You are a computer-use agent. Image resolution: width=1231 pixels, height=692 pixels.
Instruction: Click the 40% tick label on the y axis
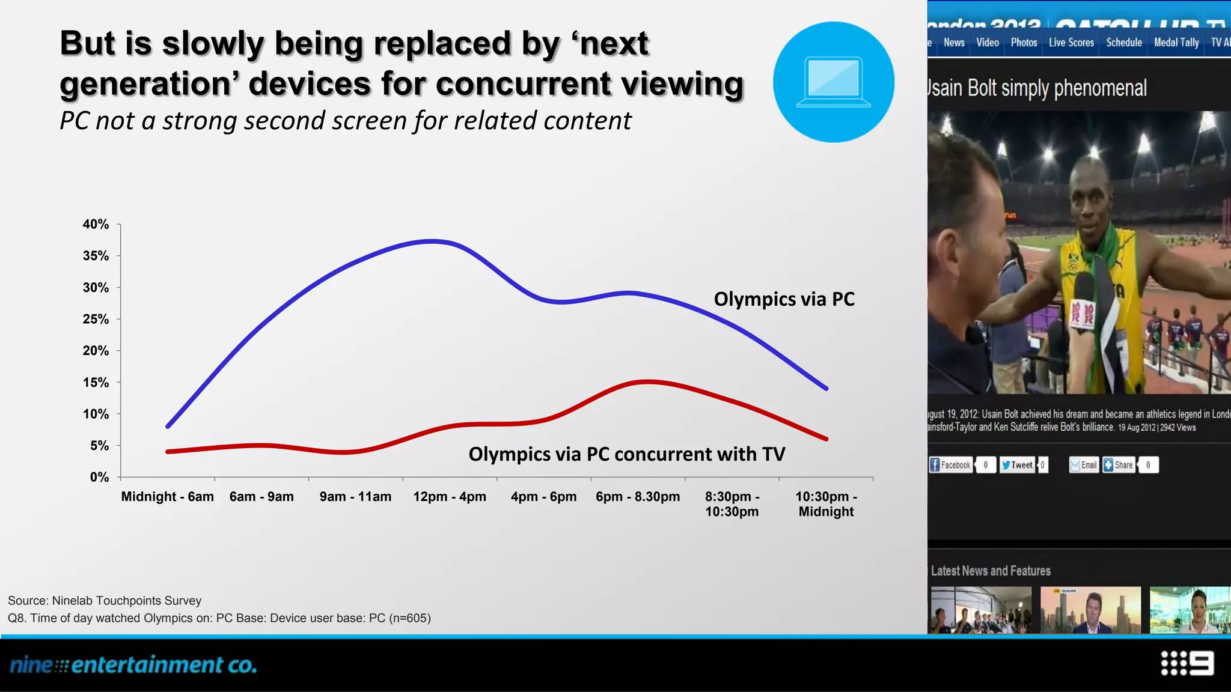(96, 225)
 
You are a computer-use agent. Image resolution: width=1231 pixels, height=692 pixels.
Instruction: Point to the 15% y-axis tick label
(96, 383)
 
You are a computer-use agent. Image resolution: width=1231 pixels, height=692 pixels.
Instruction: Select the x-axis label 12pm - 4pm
(450, 497)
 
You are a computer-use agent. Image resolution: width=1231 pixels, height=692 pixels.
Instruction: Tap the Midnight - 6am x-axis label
(167, 497)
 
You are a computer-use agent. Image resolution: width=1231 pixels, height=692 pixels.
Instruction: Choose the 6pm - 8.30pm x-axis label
(638, 497)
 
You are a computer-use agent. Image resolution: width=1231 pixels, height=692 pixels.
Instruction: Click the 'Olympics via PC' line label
(784, 299)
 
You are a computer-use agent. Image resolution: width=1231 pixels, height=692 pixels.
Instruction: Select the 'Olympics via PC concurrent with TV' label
(626, 454)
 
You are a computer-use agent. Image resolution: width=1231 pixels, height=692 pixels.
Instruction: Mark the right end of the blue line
(827, 389)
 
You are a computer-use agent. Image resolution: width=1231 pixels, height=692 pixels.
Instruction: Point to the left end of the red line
(168, 451)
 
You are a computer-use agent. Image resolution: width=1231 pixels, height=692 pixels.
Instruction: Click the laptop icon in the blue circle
(833, 82)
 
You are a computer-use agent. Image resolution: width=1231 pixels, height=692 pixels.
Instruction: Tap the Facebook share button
(950, 465)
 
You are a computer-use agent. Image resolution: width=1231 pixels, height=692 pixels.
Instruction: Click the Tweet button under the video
(1017, 465)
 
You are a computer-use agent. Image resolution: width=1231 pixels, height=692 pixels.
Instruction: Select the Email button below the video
(1083, 465)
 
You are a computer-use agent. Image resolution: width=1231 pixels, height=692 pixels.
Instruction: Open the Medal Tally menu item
(1176, 43)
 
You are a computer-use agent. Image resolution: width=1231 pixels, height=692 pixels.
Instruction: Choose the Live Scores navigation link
(1071, 43)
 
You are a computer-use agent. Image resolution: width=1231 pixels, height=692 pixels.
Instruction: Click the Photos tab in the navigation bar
(1024, 43)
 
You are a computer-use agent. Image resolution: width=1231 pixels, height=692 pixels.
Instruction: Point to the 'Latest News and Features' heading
(991, 571)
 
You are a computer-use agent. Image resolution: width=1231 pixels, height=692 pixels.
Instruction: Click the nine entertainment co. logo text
(133, 665)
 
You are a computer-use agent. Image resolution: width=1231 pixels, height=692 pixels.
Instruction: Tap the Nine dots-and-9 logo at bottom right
(1187, 664)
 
